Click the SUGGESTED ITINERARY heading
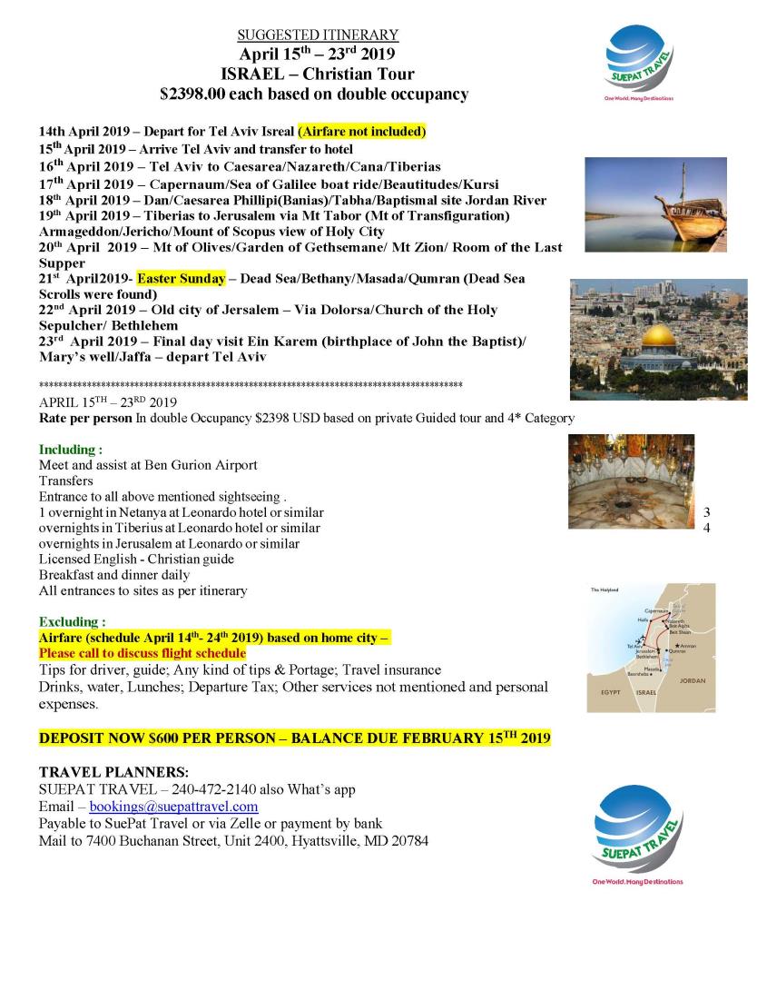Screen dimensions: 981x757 pos(318,35)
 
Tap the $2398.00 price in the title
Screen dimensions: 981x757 pos(193,94)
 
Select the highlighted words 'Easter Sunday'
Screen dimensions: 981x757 pos(181,278)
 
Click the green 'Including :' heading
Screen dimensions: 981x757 pos(71,450)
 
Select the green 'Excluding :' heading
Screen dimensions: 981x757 pos(73,622)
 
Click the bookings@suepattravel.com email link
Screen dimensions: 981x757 pos(173,807)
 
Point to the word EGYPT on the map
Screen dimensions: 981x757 pos(611,692)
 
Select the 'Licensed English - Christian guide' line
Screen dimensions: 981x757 pos(136,560)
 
